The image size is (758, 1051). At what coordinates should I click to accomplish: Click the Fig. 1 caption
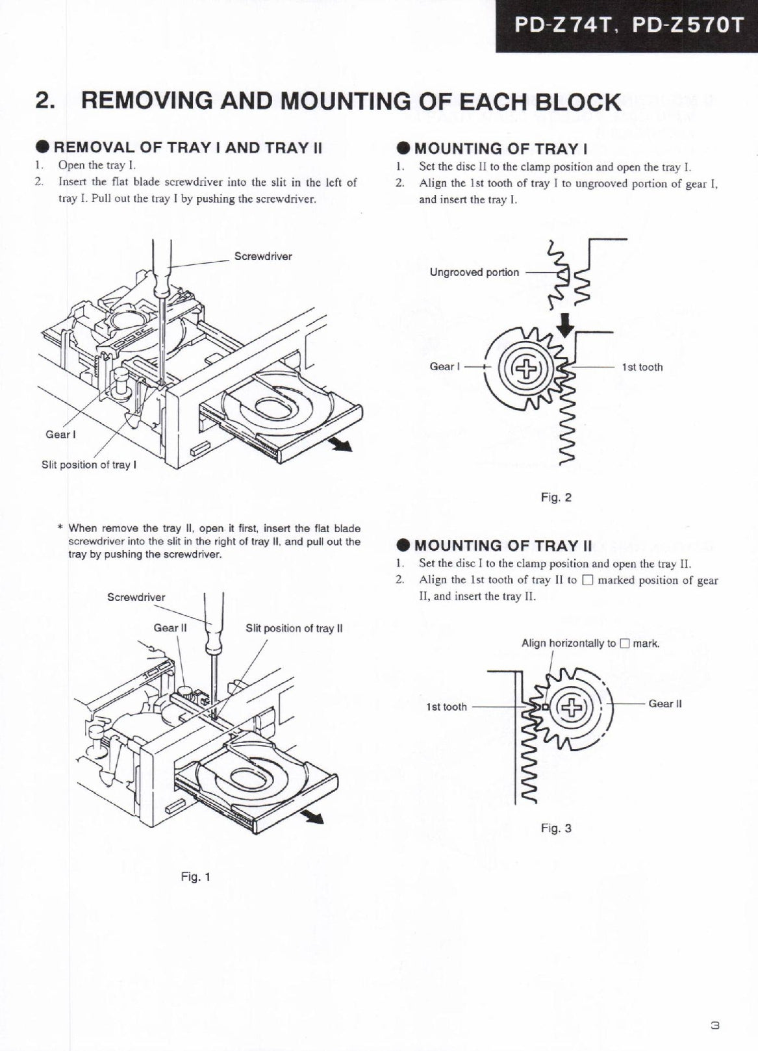point(195,876)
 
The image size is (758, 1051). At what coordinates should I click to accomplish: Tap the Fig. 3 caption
point(556,828)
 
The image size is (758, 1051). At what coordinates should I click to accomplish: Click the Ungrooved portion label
point(474,272)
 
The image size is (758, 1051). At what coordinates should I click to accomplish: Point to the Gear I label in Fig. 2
point(445,366)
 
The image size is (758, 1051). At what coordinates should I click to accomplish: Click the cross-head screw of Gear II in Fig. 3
point(570,707)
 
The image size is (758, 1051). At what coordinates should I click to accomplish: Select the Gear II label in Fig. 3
point(664,703)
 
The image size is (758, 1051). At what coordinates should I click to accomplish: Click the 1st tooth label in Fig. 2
point(642,367)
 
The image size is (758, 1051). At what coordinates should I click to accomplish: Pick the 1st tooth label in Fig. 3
point(446,707)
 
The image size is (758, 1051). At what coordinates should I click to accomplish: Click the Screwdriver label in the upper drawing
point(263,256)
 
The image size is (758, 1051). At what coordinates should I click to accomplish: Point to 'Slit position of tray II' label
point(294,628)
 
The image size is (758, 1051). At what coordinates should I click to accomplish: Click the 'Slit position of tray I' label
point(89,464)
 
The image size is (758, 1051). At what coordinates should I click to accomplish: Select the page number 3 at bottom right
point(714,1023)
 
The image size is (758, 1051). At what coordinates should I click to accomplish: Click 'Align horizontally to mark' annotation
point(590,643)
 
